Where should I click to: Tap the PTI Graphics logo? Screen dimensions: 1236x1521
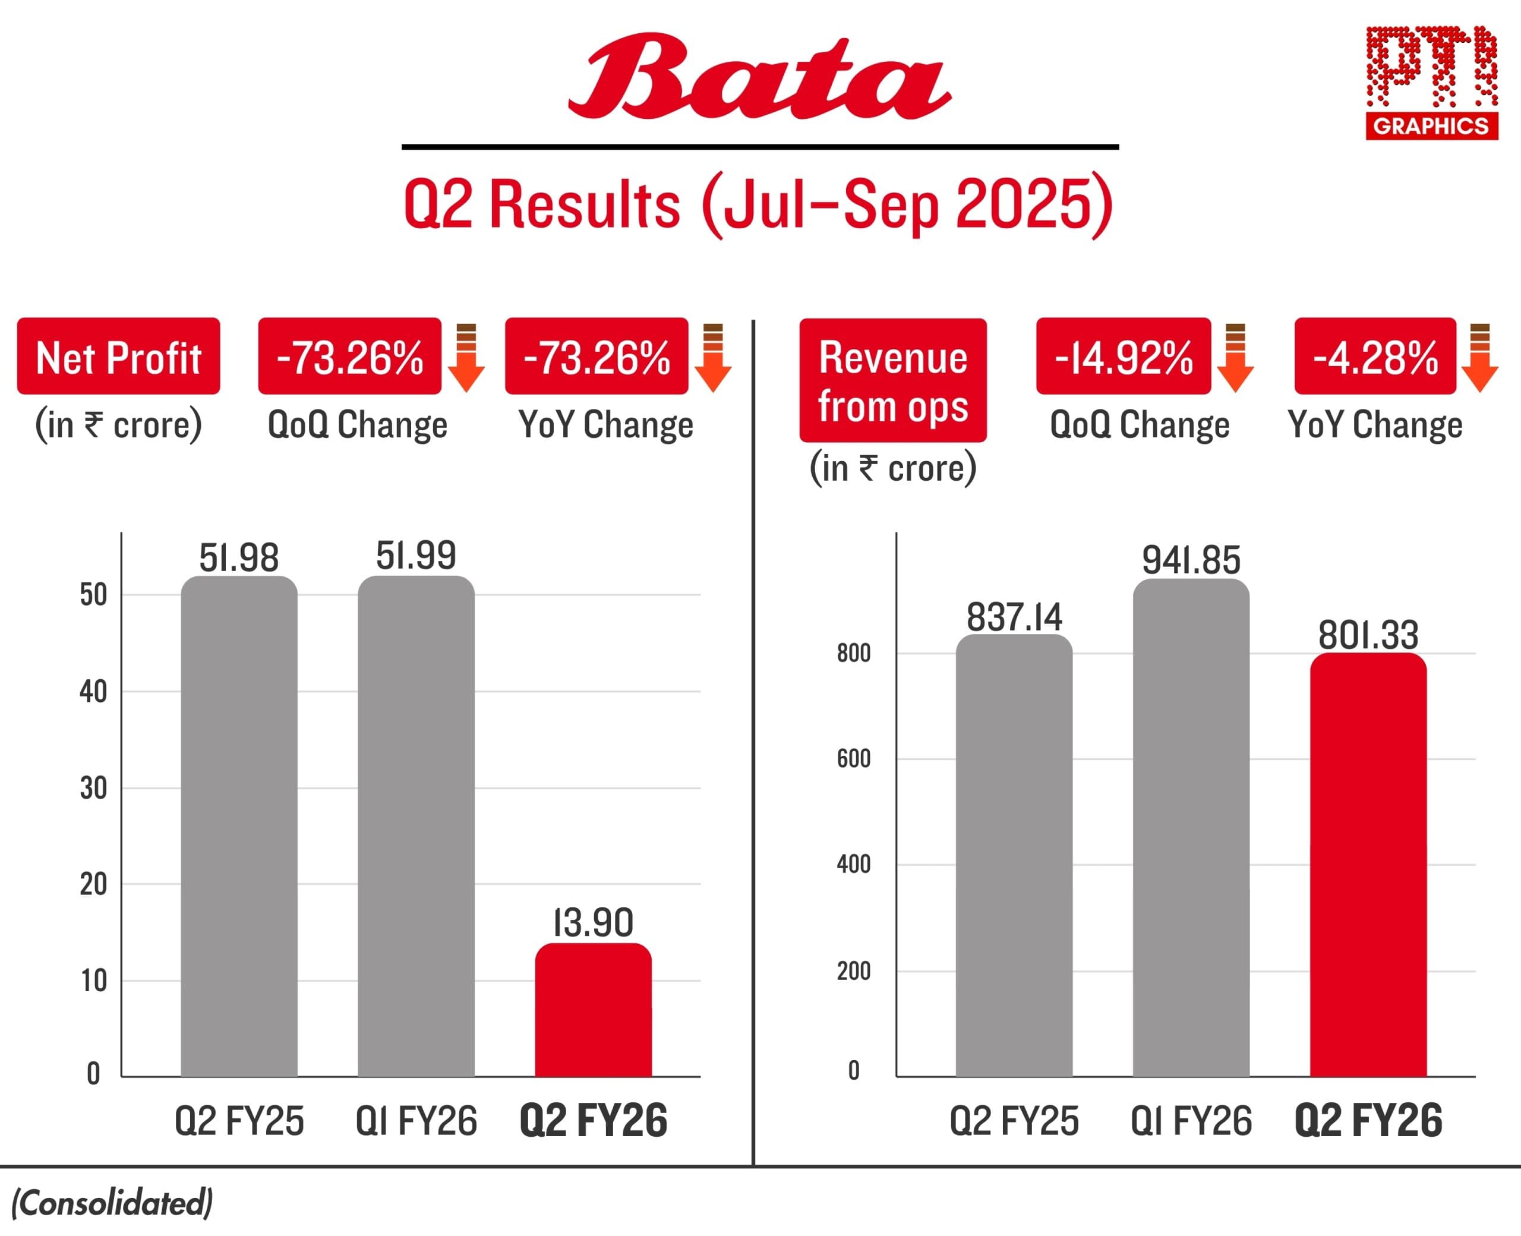[x=1431, y=83]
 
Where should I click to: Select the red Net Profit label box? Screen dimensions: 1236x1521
[x=118, y=356]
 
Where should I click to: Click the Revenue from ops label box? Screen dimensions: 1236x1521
[x=892, y=380]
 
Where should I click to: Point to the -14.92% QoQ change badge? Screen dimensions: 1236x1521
[x=1123, y=356]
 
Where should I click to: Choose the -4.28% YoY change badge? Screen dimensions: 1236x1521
[x=1375, y=356]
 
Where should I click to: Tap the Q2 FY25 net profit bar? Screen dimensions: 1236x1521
[x=239, y=826]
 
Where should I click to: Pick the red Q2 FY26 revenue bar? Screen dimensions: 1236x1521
[x=1368, y=865]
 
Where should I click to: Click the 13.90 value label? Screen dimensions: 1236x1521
[x=593, y=923]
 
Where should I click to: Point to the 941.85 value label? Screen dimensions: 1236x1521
[x=1191, y=560]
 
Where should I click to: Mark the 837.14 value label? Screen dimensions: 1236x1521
[x=1014, y=617]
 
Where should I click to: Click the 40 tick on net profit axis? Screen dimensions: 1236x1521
[x=93, y=691]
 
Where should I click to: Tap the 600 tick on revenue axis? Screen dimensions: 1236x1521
[x=853, y=759]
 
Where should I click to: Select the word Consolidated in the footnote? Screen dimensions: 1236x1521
[x=112, y=1203]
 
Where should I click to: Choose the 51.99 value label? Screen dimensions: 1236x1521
[x=416, y=556]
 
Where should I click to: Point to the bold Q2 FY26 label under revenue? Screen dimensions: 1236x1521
[x=1368, y=1121]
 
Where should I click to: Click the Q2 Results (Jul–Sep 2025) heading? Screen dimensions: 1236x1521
[x=759, y=205]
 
